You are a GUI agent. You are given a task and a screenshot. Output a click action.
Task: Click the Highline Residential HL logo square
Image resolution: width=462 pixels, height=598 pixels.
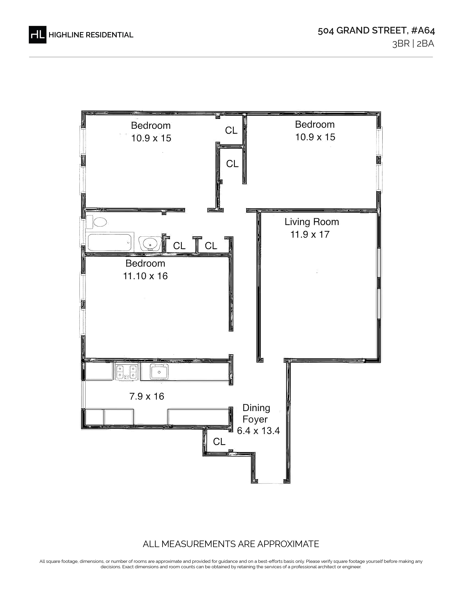tap(38, 34)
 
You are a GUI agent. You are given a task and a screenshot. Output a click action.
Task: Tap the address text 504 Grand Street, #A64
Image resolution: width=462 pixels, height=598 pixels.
tap(376, 31)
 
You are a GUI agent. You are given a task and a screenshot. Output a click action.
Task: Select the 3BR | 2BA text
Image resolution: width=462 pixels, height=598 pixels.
tap(413, 44)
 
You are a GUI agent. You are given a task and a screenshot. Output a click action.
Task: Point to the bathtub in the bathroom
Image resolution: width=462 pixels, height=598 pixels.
tap(109, 242)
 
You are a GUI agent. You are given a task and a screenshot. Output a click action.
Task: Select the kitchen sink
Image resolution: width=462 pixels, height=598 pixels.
tap(159, 372)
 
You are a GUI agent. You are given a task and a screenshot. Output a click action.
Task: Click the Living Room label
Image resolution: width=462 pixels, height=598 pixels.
tap(312, 222)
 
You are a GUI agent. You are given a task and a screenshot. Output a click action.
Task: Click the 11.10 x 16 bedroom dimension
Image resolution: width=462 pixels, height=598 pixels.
tap(145, 276)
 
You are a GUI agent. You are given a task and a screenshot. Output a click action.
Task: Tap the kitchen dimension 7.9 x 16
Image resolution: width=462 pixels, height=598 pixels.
tap(147, 396)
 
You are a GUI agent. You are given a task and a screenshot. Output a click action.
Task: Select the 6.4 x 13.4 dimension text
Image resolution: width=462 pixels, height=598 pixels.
tap(258, 431)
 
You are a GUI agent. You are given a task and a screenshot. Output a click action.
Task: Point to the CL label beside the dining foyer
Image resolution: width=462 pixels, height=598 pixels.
tap(219, 441)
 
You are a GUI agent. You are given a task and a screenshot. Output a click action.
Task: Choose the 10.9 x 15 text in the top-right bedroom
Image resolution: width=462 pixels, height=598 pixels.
tap(315, 137)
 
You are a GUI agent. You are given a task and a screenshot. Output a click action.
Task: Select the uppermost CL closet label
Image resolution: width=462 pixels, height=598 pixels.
tap(231, 130)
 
